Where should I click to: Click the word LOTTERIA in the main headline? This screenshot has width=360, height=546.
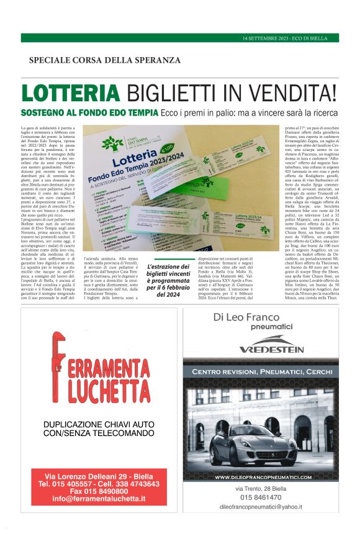point(71,93)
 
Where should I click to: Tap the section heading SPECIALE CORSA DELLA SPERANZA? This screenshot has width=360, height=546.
point(104,60)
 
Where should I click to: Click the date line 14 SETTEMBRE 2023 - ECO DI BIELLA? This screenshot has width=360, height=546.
point(289,39)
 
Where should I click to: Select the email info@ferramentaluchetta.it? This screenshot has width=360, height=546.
point(99,498)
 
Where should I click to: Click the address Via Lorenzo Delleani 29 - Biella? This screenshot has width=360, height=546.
point(99,475)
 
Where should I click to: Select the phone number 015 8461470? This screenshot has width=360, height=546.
point(261,497)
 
